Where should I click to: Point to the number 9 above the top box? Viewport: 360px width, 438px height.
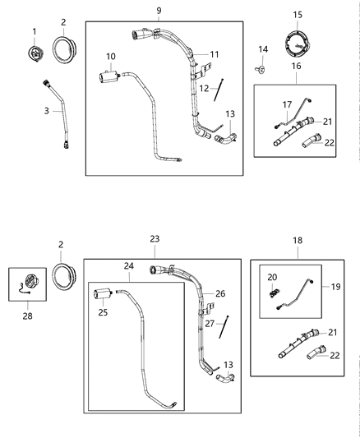pyautogui.click(x=159, y=11)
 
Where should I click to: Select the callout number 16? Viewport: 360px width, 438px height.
pyautogui.click(x=296, y=65)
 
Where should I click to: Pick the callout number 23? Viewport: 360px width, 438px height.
pyautogui.click(x=155, y=238)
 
